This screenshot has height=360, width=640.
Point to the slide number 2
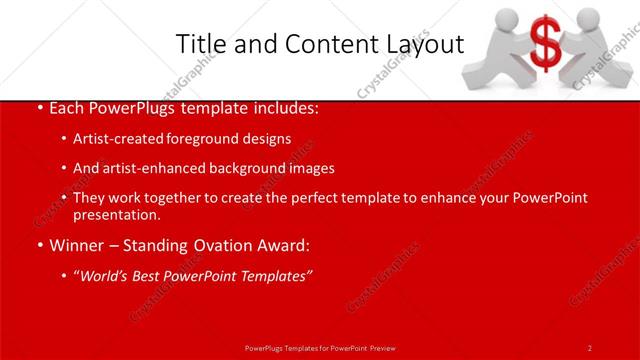coord(590,347)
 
